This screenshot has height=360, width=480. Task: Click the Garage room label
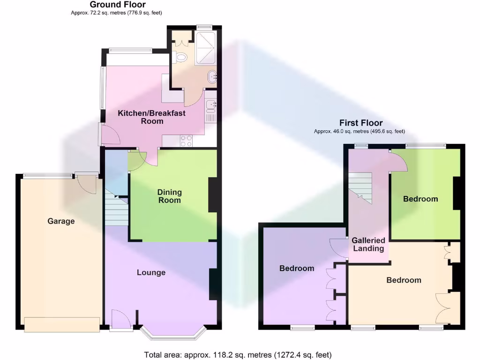tap(61, 221)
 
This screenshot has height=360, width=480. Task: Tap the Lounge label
tap(151, 272)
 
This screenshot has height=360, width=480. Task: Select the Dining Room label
tap(169, 196)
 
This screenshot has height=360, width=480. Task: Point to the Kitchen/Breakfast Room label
tap(151, 117)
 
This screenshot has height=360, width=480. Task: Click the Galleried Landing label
tap(368, 244)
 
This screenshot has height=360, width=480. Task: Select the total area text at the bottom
tap(240, 354)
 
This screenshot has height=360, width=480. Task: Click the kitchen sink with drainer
tap(210, 111)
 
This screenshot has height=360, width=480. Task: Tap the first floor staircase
tap(360, 186)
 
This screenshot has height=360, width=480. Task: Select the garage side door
tap(87, 183)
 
